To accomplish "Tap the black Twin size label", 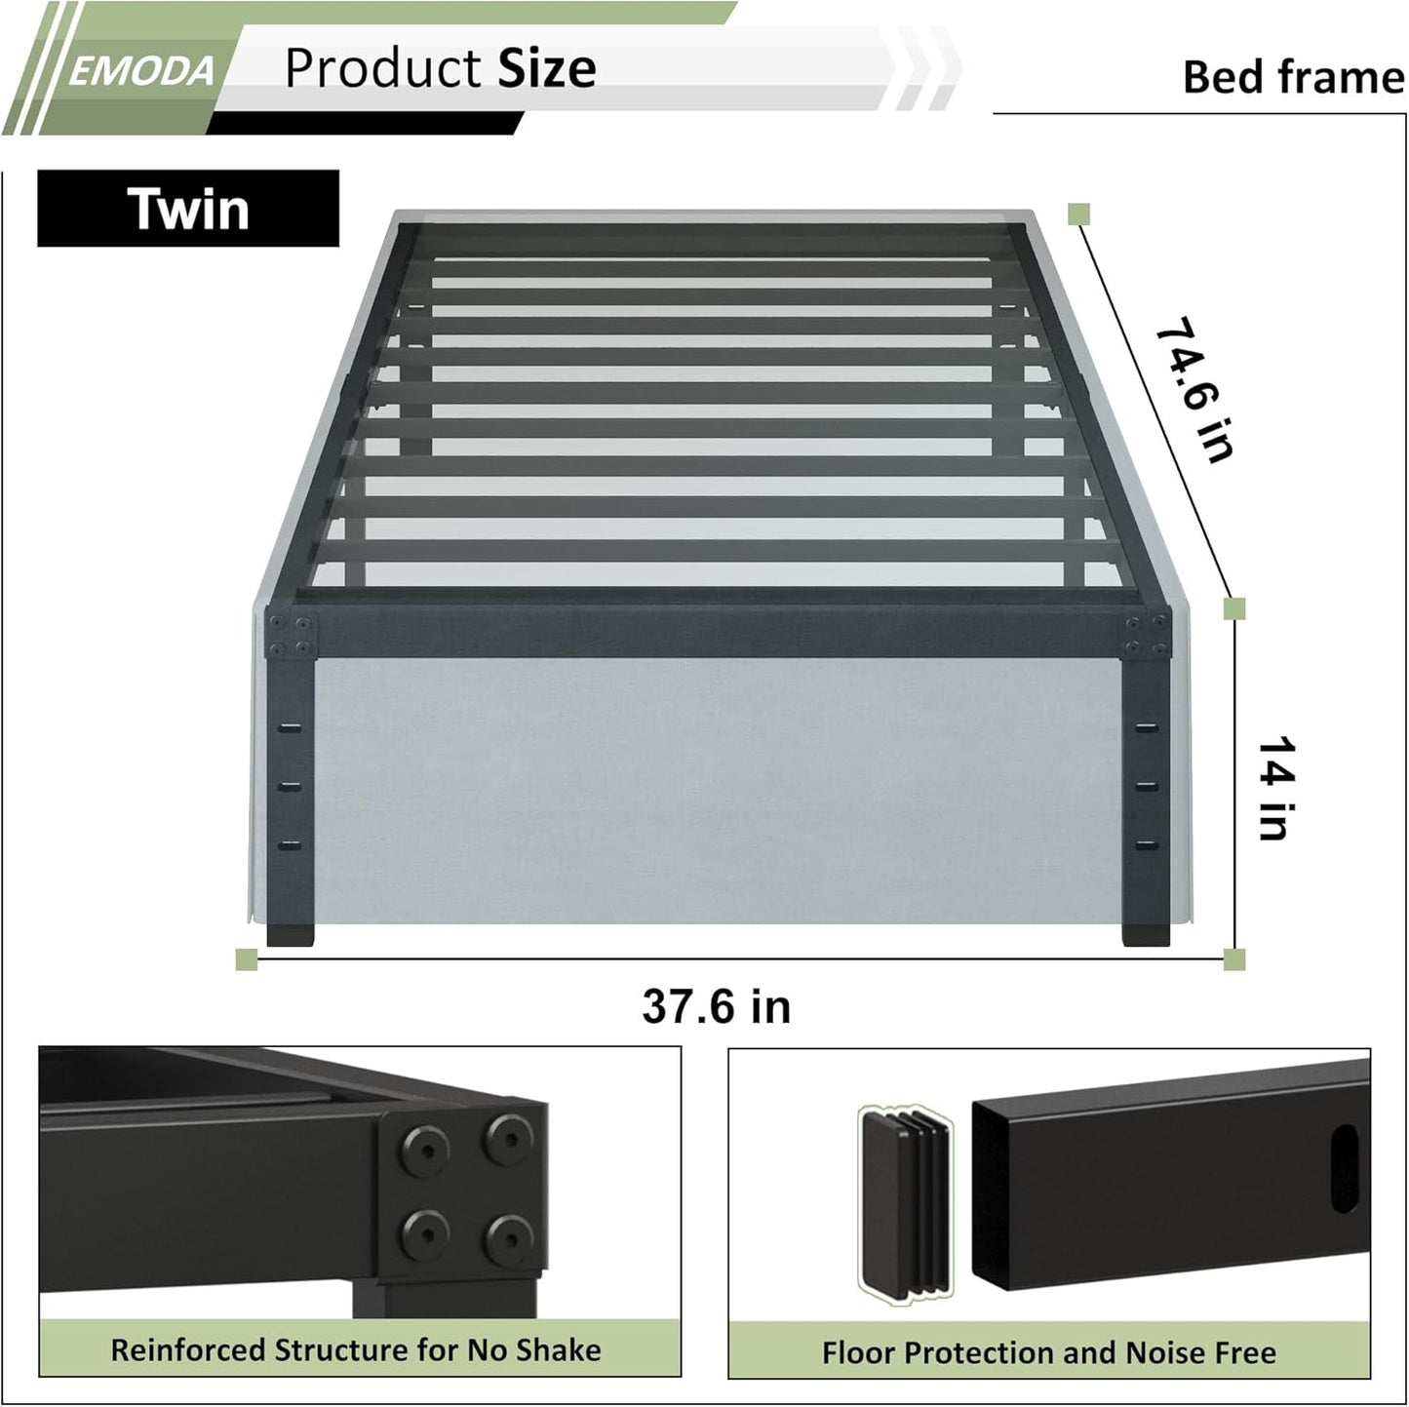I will coord(188,209).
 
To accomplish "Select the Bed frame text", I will coord(1293,77).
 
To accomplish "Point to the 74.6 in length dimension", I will coord(1195,388).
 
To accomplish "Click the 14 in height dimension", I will coord(1275,788).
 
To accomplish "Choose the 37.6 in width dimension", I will coord(716,1006).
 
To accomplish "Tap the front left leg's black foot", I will coord(291,933).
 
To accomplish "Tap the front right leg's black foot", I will coord(1146,933).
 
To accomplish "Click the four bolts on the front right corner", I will coord(1146,636).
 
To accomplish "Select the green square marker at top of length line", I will coord(1078,215).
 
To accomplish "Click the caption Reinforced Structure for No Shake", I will coord(356,1349).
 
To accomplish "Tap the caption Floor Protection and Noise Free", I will coord(1048,1352).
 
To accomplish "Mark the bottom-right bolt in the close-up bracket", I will coord(507,1237).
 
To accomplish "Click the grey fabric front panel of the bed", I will coord(717,790).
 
